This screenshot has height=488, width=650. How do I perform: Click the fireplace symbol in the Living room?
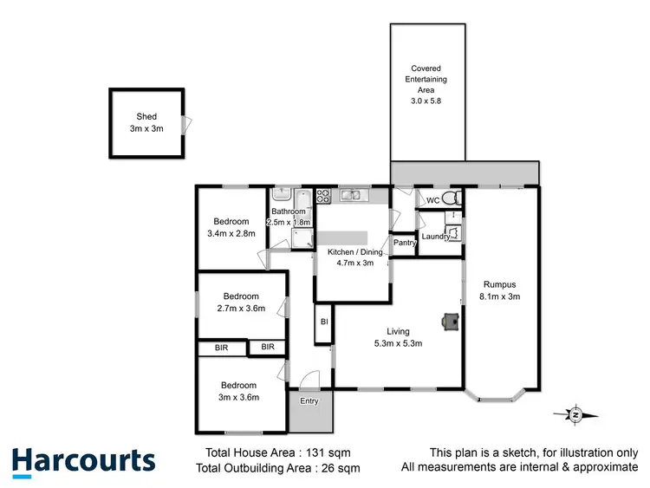point(450,322)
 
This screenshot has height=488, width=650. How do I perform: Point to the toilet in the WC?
point(446,198)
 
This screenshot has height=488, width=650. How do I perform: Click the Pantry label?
point(405,244)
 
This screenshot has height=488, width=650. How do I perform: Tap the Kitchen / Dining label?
point(350,252)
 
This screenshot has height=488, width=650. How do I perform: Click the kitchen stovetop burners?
point(323,196)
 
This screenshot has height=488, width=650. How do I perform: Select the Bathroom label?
point(289,211)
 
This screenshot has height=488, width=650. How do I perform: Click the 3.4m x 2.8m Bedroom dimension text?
point(231,233)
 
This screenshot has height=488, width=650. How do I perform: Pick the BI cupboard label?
point(323,322)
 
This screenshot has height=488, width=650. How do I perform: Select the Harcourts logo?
point(83,461)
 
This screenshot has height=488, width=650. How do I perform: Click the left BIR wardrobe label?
point(220,348)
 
